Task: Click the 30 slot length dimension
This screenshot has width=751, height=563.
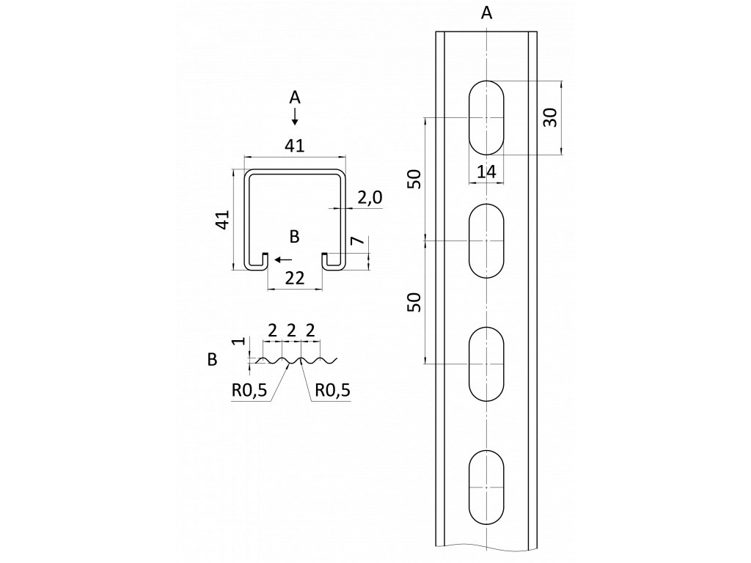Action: pyautogui.click(x=551, y=117)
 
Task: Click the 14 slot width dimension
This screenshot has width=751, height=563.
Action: pyautogui.click(x=486, y=172)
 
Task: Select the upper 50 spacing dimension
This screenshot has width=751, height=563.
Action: pyautogui.click(x=414, y=178)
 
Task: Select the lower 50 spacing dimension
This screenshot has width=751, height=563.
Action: pyautogui.click(x=414, y=301)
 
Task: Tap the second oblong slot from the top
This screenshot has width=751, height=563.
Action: pyautogui.click(x=486, y=240)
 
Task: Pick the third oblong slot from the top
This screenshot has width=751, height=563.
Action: pyautogui.click(x=486, y=364)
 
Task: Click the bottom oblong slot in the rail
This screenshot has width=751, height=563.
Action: pyautogui.click(x=486, y=487)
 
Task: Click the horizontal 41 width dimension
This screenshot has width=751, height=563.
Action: pyautogui.click(x=294, y=146)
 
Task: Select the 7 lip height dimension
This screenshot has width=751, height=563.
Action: pyautogui.click(x=356, y=242)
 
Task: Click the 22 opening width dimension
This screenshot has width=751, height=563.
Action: pyautogui.click(x=294, y=277)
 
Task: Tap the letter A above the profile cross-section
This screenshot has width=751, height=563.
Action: pyautogui.click(x=294, y=97)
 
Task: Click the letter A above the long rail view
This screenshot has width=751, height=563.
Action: pyautogui.click(x=486, y=12)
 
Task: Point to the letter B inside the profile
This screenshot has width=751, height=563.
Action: pyautogui.click(x=294, y=236)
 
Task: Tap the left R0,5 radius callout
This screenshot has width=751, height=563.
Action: pyautogui.click(x=249, y=390)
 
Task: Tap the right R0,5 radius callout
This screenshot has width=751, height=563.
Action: pyautogui.click(x=332, y=390)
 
